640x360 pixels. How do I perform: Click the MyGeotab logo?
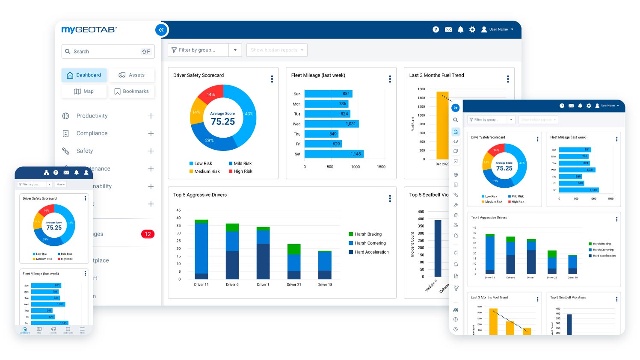click(89, 30)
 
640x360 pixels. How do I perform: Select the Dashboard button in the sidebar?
click(84, 75)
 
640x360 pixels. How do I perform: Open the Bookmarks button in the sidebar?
click(131, 91)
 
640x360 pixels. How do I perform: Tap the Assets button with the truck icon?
click(132, 75)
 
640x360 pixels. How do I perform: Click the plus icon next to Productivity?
click(151, 116)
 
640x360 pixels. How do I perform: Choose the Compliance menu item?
click(92, 133)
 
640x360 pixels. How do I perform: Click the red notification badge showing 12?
click(148, 234)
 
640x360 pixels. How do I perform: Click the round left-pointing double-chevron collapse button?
click(161, 30)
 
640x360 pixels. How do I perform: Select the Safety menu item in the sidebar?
click(85, 151)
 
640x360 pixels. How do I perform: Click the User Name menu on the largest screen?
click(498, 30)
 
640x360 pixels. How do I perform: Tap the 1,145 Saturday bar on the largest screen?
click(334, 154)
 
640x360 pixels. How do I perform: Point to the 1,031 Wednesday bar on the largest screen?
click(331, 124)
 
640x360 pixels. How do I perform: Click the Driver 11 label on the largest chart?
click(201, 284)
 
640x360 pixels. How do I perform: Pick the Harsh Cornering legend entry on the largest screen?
click(370, 243)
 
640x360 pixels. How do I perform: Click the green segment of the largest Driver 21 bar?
click(294, 249)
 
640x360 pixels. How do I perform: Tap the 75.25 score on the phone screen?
click(54, 227)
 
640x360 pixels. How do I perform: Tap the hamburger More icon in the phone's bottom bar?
click(82, 329)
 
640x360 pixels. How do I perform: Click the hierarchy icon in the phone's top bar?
click(46, 173)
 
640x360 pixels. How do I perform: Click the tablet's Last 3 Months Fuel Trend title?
click(489, 297)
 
